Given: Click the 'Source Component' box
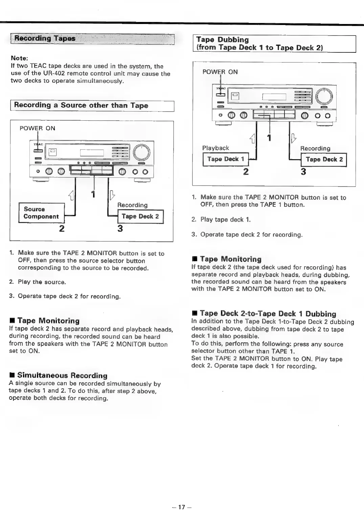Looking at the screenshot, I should (41, 213).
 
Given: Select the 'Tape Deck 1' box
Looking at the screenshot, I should (225, 159).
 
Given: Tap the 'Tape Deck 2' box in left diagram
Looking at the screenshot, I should (140, 217).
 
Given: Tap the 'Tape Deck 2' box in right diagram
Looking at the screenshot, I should (324, 160).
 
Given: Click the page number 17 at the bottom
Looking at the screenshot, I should (182, 507).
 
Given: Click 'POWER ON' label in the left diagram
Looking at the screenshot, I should (37, 128).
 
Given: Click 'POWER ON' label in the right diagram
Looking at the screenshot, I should (220, 72).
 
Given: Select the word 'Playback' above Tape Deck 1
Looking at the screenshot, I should (215, 148).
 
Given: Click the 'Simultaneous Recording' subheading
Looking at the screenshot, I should (62, 375).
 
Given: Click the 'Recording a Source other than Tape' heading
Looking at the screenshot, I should (81, 105).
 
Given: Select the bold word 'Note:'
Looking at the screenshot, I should (19, 58).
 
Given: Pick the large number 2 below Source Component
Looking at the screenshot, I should (62, 229).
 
